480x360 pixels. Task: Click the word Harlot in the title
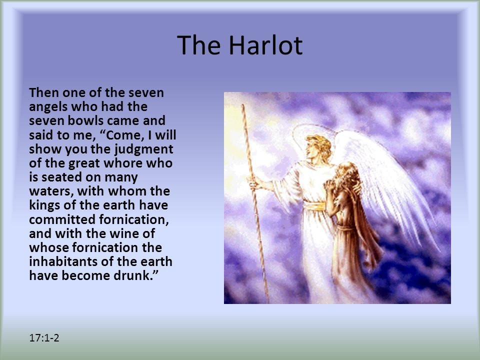pos(265,45)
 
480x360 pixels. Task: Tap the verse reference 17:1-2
pos(44,337)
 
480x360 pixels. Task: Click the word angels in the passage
pos(48,107)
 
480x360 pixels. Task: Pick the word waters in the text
pos(51,191)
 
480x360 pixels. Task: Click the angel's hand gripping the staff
pos(254,183)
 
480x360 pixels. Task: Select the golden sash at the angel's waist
pos(314,206)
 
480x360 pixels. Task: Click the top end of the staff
pos(243,105)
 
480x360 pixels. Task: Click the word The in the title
pos(198,45)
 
